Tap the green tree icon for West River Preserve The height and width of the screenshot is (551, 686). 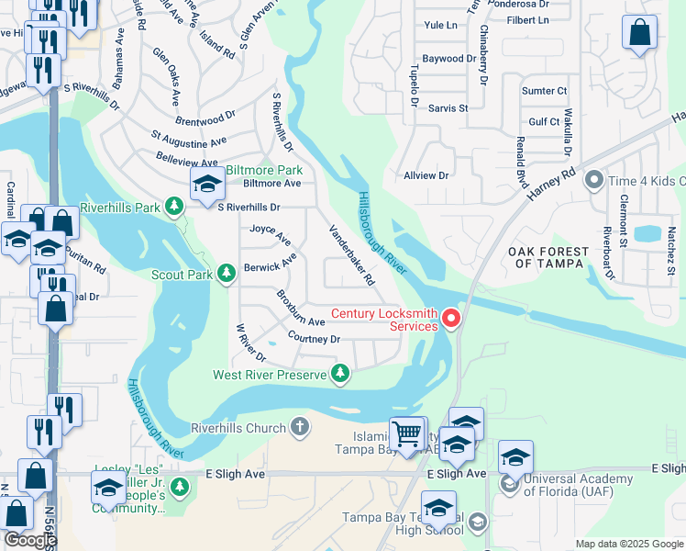click(340, 373)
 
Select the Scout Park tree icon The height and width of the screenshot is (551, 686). click(227, 273)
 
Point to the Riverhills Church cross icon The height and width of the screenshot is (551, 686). click(300, 427)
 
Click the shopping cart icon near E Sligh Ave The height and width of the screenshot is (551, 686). click(406, 433)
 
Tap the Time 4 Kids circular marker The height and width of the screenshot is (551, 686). click(594, 180)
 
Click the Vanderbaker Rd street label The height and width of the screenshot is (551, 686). click(352, 255)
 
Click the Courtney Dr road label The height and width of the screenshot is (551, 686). click(314, 339)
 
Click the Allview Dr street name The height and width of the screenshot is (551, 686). click(426, 174)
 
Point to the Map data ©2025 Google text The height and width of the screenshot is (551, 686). click(629, 544)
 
